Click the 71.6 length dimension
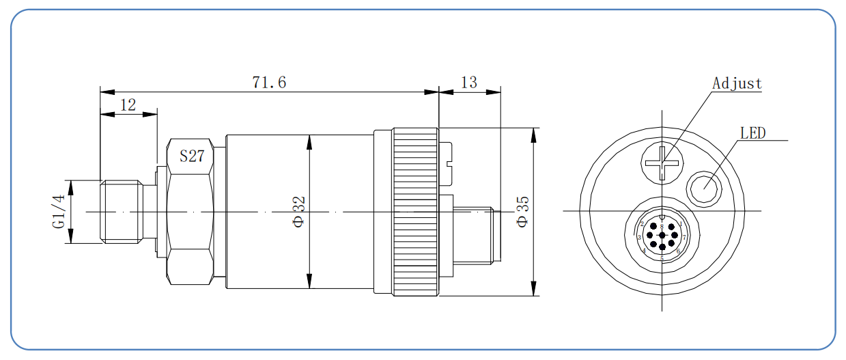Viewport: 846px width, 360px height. click(x=269, y=83)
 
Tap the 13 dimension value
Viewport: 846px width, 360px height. click(x=469, y=83)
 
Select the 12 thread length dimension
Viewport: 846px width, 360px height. click(x=128, y=105)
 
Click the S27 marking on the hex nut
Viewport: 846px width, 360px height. click(x=192, y=156)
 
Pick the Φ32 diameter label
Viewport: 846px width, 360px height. click(x=299, y=212)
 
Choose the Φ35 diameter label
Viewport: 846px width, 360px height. click(x=522, y=212)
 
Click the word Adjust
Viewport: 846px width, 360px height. click(x=737, y=83)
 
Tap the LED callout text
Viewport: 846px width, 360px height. click(x=753, y=133)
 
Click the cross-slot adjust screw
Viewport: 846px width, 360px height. click(x=662, y=163)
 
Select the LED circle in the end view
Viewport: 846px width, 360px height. click(x=704, y=188)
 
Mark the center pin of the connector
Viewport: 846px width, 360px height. click(x=662, y=236)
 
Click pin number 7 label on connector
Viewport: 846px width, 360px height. click(x=684, y=238)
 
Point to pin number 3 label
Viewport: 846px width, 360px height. click(x=639, y=238)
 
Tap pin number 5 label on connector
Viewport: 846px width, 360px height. click(x=662, y=258)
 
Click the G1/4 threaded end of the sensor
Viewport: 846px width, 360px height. click(x=121, y=212)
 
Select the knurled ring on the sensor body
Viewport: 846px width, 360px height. click(x=414, y=212)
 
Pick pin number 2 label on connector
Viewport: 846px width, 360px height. click(x=643, y=224)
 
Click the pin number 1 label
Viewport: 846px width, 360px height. click(x=680, y=224)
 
